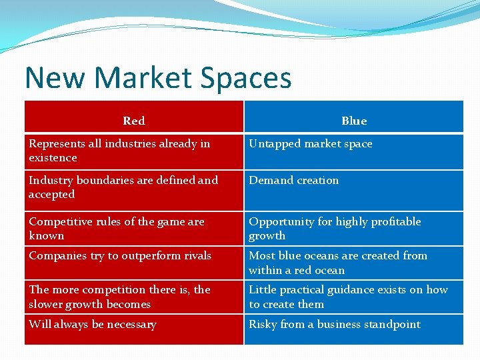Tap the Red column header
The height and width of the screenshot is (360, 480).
click(134, 121)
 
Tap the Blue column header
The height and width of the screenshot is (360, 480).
click(353, 121)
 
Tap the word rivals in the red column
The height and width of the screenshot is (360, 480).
click(195, 256)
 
